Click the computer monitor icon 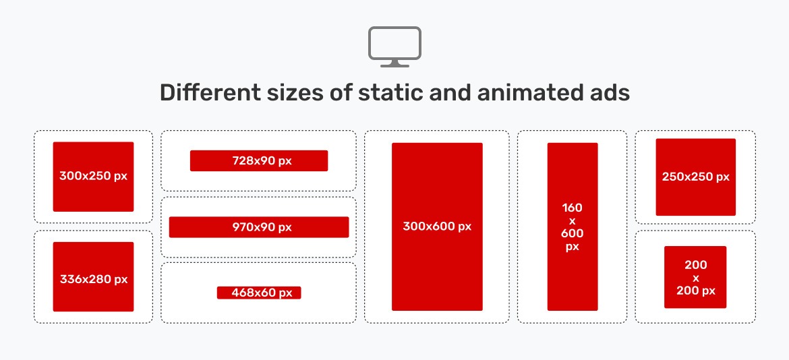click(x=394, y=44)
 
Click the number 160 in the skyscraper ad click(x=572, y=208)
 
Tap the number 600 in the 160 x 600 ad click(x=572, y=233)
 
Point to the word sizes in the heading click(x=277, y=92)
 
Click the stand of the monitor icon click(x=394, y=63)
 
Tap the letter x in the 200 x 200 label click(x=695, y=278)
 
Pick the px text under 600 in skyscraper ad click(x=572, y=247)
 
